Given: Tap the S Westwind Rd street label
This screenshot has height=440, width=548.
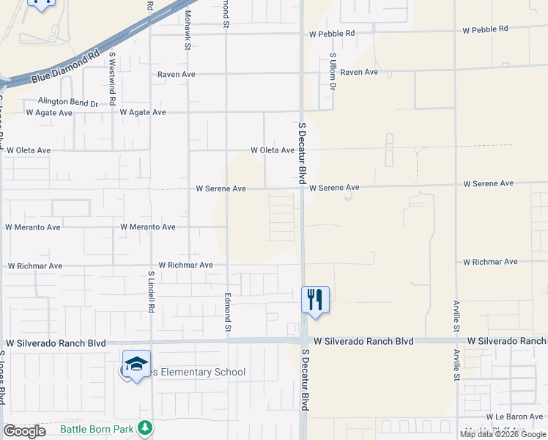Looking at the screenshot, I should click(112, 78).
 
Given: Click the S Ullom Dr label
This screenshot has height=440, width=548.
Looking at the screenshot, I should click(332, 72).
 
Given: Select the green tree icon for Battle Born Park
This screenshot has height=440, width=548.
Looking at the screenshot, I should click(145, 427).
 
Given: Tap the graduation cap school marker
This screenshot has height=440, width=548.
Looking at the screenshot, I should click(136, 364).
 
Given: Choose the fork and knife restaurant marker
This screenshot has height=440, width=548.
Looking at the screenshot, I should click(315, 299).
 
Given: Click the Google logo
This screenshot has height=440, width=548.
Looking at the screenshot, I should click(24, 431).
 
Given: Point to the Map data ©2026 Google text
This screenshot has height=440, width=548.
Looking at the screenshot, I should click(503, 434).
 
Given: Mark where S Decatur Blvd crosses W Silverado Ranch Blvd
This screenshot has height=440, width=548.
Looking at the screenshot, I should click(303, 341).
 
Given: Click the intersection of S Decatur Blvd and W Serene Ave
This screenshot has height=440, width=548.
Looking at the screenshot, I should click(302, 188).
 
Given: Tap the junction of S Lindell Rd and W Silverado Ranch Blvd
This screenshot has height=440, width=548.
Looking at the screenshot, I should click(151, 342).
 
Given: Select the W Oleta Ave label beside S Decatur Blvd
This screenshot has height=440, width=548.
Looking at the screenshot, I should click(273, 150).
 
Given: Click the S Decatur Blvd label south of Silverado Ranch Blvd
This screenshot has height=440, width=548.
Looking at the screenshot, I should click(305, 379).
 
